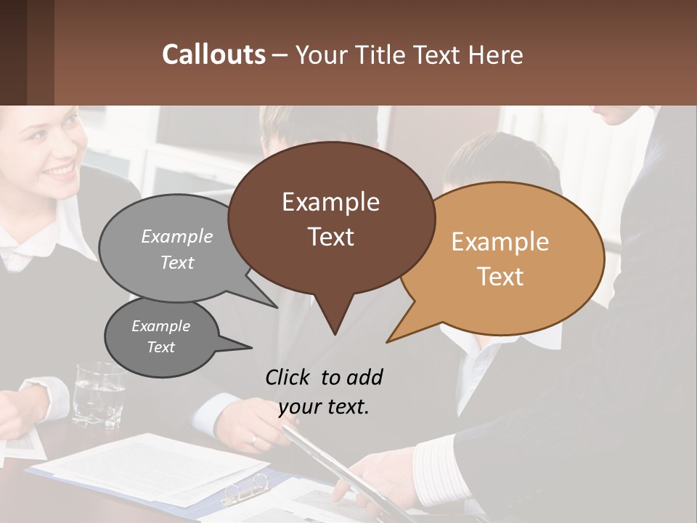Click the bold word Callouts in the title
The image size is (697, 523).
(x=213, y=54)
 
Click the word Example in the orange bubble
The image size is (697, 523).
(x=500, y=242)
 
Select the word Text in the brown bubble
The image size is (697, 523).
(x=331, y=237)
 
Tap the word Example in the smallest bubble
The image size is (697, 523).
(x=160, y=326)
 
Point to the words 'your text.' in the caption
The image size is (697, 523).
(x=324, y=407)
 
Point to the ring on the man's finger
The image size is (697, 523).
(x=253, y=439)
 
